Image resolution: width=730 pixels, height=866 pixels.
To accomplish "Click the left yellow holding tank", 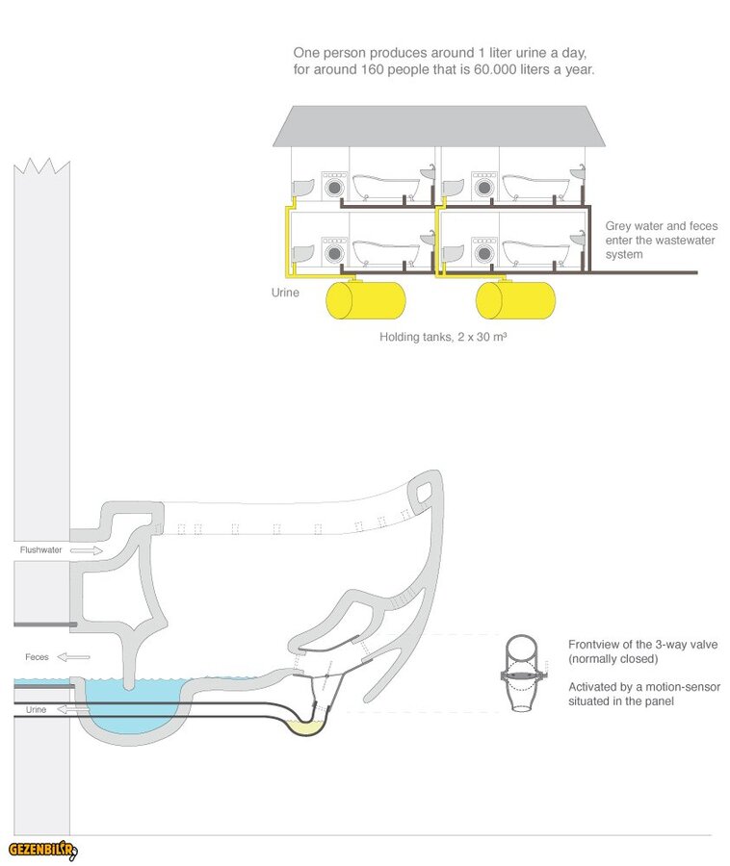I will coord(366,300).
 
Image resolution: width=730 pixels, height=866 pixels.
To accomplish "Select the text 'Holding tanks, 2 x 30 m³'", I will coord(443,338).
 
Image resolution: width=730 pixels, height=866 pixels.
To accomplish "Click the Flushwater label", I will coord(41,550).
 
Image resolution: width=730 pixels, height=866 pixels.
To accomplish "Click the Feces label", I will coord(37,657).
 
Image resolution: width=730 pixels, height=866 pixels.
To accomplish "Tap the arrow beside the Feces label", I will coord(74,657).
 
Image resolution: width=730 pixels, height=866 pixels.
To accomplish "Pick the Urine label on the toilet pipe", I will coord(35,709).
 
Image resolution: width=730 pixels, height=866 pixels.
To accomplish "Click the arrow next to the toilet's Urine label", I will coord(65,709).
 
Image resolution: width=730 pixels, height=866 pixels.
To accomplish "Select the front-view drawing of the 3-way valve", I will coord(521,673).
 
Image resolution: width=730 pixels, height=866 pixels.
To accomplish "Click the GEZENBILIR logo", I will coord(42,850).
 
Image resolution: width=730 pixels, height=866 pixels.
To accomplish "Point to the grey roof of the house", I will coord(439,125).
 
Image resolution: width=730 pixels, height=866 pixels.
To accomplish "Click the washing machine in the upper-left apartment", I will coord(333,186).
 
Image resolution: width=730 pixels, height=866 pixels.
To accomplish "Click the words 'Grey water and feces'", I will coord(661,226).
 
